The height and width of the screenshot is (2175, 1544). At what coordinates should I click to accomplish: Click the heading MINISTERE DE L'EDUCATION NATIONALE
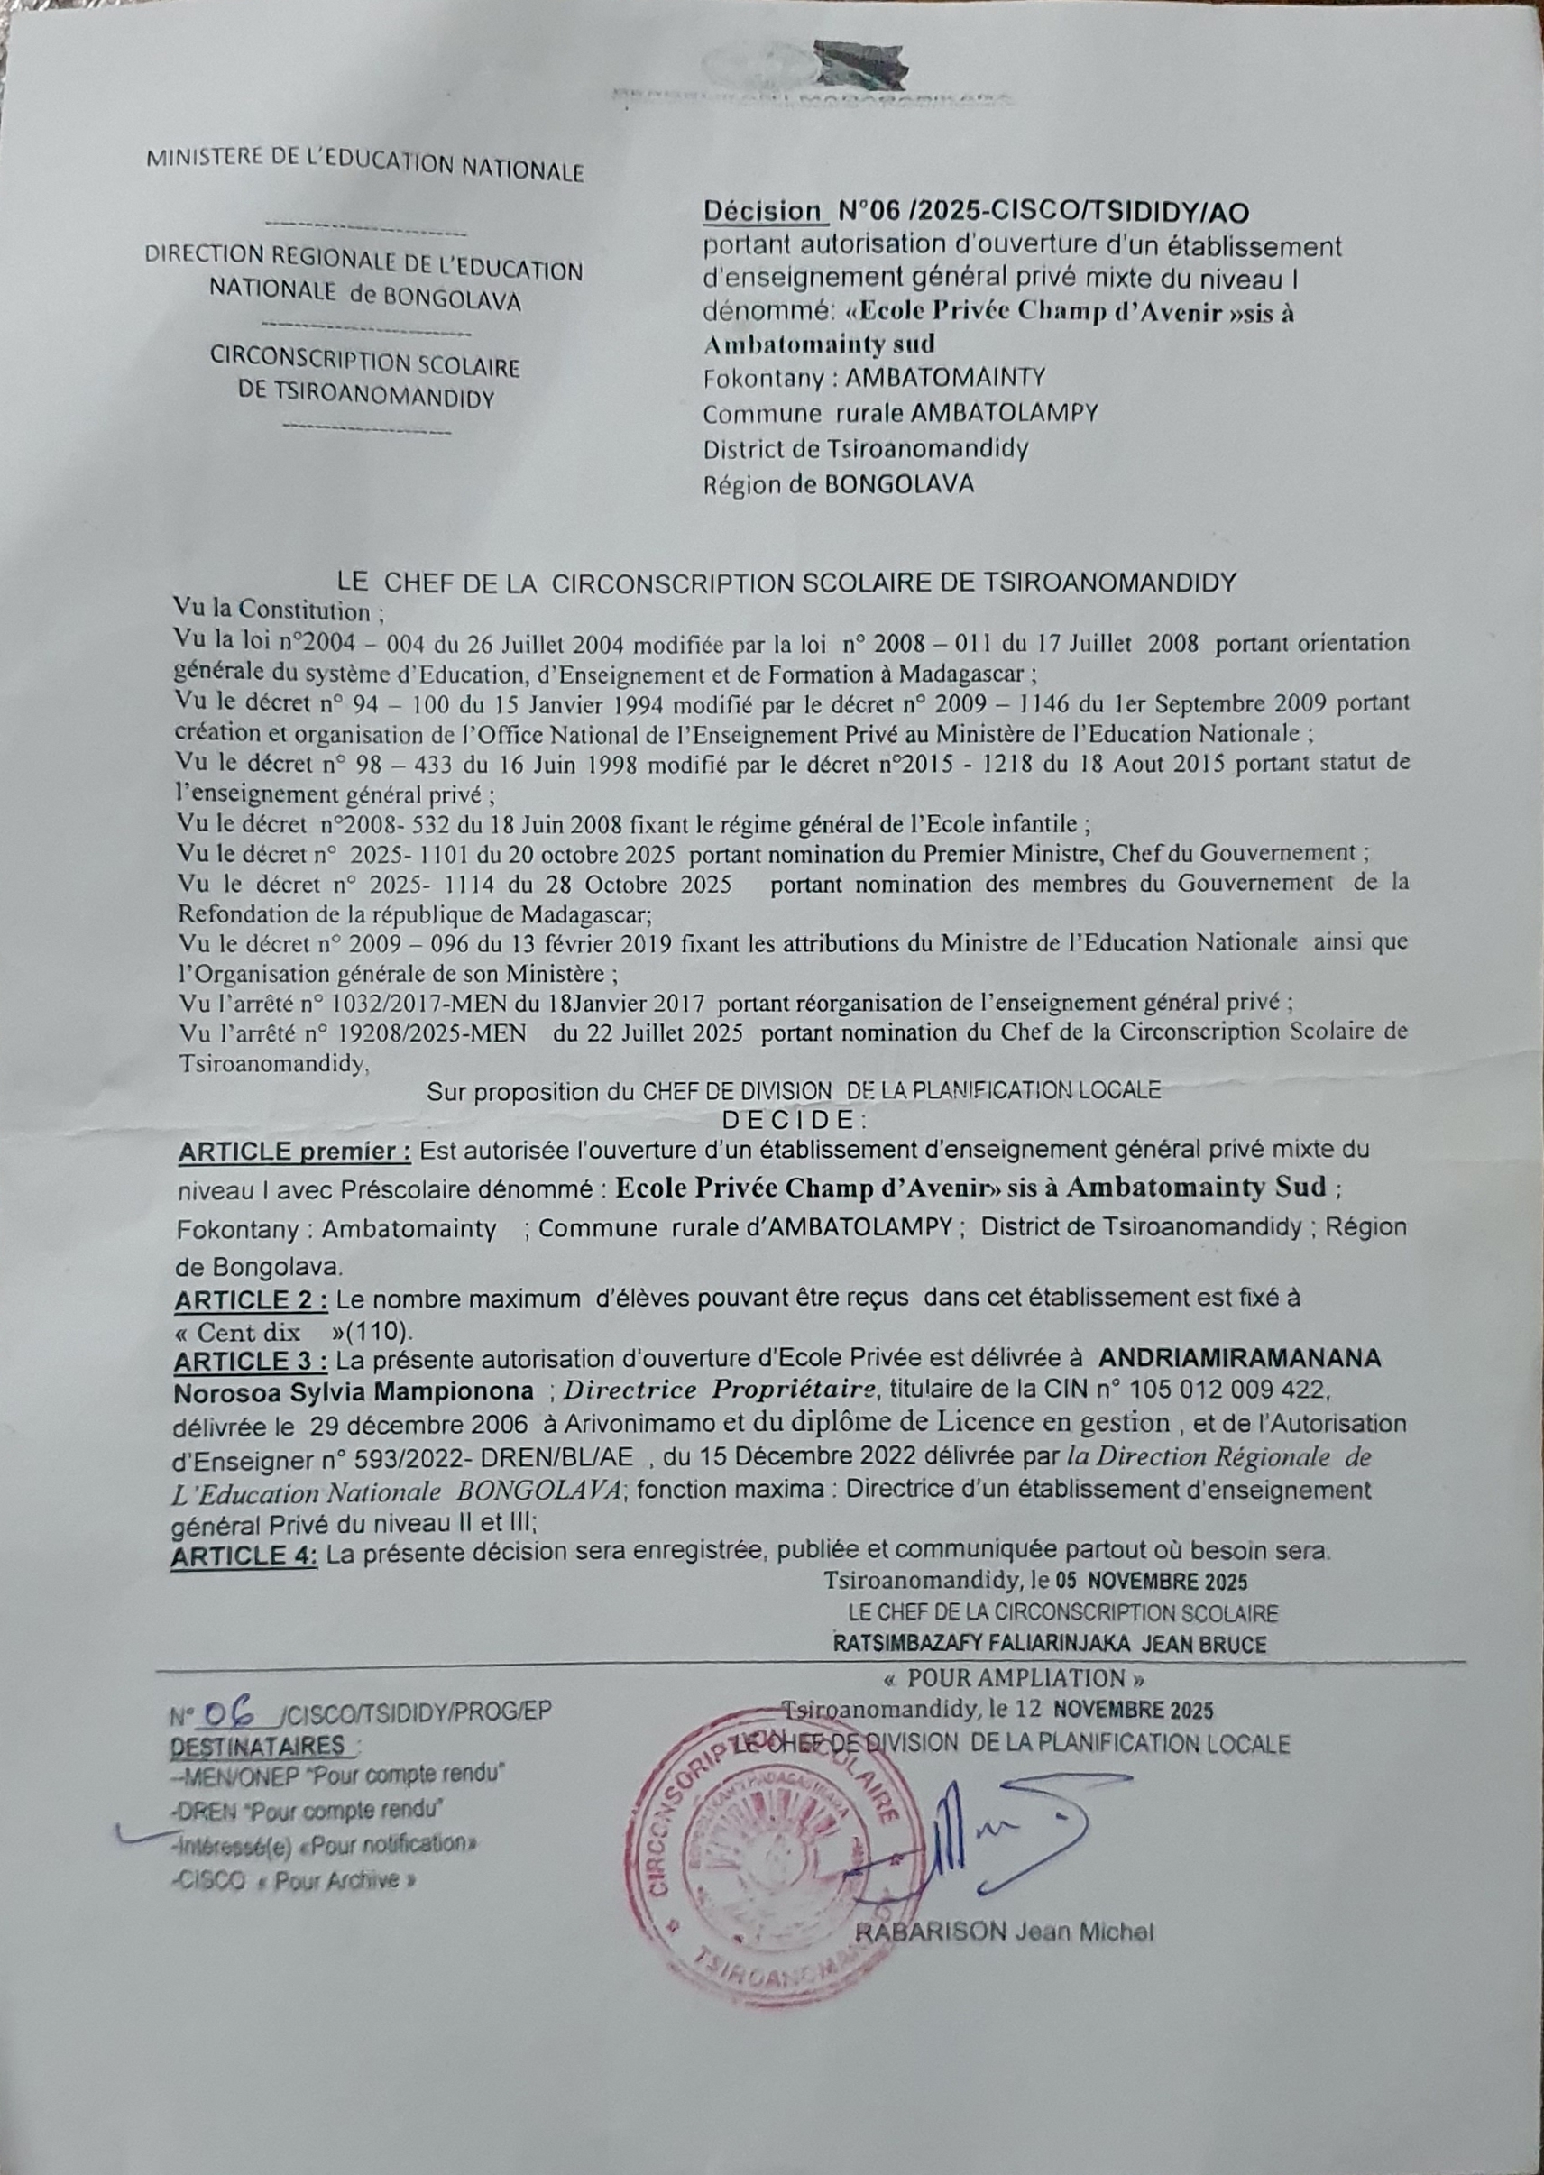click(x=364, y=163)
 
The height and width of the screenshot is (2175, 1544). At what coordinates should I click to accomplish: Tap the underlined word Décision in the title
click(x=761, y=211)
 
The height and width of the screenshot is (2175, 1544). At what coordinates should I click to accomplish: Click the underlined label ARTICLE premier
click(x=294, y=1152)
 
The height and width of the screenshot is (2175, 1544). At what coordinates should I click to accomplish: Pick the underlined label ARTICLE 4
click(x=244, y=1556)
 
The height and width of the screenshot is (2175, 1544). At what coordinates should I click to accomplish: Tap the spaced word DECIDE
click(x=794, y=1119)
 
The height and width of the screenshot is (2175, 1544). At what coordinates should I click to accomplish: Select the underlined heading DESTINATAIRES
click(x=259, y=1747)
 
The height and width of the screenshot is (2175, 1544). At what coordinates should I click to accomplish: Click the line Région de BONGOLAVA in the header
click(x=839, y=484)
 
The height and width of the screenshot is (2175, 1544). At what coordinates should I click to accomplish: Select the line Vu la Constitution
click(x=279, y=610)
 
